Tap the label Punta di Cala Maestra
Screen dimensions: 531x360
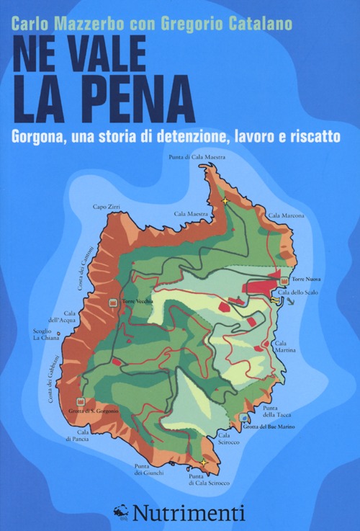[x=197, y=156]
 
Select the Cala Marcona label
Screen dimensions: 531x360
[x=286, y=215]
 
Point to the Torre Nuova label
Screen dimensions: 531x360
[x=307, y=279]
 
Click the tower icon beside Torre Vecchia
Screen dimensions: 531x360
[x=113, y=303]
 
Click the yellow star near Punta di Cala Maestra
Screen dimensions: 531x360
[x=225, y=201]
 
